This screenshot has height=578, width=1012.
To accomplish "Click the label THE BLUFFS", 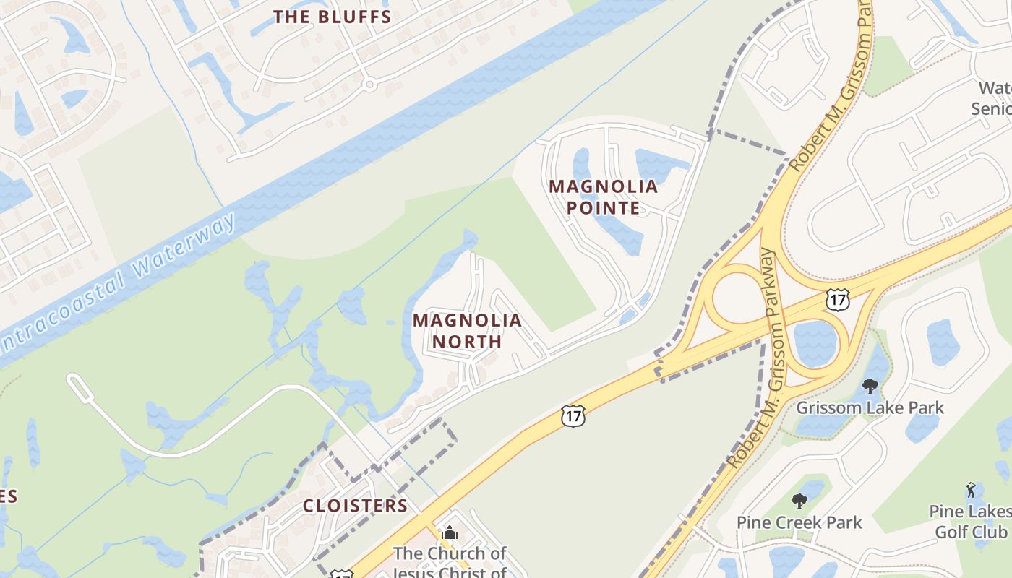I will coord(332,17).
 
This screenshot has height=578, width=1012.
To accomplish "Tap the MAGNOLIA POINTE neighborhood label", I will coord(603,197).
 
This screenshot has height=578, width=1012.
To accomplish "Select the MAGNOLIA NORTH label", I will coord(467,330).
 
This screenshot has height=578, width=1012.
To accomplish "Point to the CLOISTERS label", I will coord(355,506).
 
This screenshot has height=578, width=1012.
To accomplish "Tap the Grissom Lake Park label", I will coord(870,407).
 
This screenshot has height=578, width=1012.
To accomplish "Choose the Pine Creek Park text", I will coord(799,522).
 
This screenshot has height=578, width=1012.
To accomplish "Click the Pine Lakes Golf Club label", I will coord(970,522).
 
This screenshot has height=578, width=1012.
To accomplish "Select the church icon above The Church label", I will coord(450,533).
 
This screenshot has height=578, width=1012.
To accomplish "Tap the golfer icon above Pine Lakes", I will coord(970,491).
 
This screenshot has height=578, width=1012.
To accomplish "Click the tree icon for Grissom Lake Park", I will coord(870,387).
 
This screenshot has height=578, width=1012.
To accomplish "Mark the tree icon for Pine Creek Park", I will coord(799,501).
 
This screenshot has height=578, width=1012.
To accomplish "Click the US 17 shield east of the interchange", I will coord(837,298).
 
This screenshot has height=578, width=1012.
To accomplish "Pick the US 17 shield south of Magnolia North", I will coord(572,415).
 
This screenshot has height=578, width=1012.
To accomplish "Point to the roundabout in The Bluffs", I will coord(369,85).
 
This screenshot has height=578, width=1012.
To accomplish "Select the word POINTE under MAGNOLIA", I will coord(603,208).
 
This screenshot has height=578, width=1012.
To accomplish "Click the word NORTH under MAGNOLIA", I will coord(467,341).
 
